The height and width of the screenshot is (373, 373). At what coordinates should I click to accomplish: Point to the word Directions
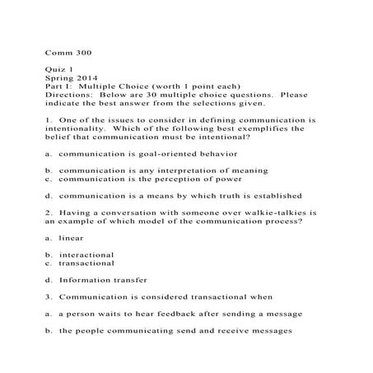tap(68, 95)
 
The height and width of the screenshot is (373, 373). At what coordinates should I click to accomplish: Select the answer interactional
tap(86, 254)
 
